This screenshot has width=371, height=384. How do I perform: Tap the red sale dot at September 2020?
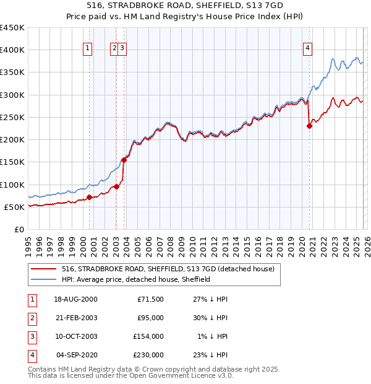(x=309, y=126)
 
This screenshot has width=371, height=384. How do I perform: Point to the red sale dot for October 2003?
(x=124, y=160)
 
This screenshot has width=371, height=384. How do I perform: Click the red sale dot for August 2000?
(x=89, y=197)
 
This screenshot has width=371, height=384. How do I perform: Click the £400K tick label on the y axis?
(x=12, y=50)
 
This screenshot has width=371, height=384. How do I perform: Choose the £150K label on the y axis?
(x=12, y=162)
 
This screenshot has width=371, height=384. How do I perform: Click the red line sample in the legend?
(x=44, y=269)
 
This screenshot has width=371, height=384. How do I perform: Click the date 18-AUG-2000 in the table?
(x=75, y=299)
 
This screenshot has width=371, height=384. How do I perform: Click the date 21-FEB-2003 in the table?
(x=75, y=318)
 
